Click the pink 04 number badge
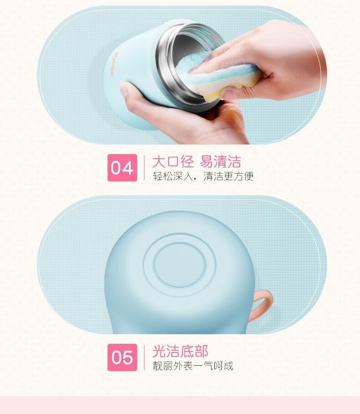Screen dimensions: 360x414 pos(122,168)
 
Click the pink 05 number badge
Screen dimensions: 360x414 pos(122,357)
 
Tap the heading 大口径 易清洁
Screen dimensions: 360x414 pos(196,161)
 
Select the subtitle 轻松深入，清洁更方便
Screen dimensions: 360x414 pos(203,176)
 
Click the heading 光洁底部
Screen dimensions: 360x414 pos(180,351)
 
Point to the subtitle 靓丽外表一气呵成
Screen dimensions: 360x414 pos(193,366)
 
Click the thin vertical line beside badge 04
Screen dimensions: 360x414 pos(144,168)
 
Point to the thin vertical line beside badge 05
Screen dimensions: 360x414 pos(144,357)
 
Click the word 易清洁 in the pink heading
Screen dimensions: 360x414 pos(221,161)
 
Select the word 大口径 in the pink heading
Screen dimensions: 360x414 pos(173,161)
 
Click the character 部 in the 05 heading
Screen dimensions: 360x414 pos(201,351)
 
